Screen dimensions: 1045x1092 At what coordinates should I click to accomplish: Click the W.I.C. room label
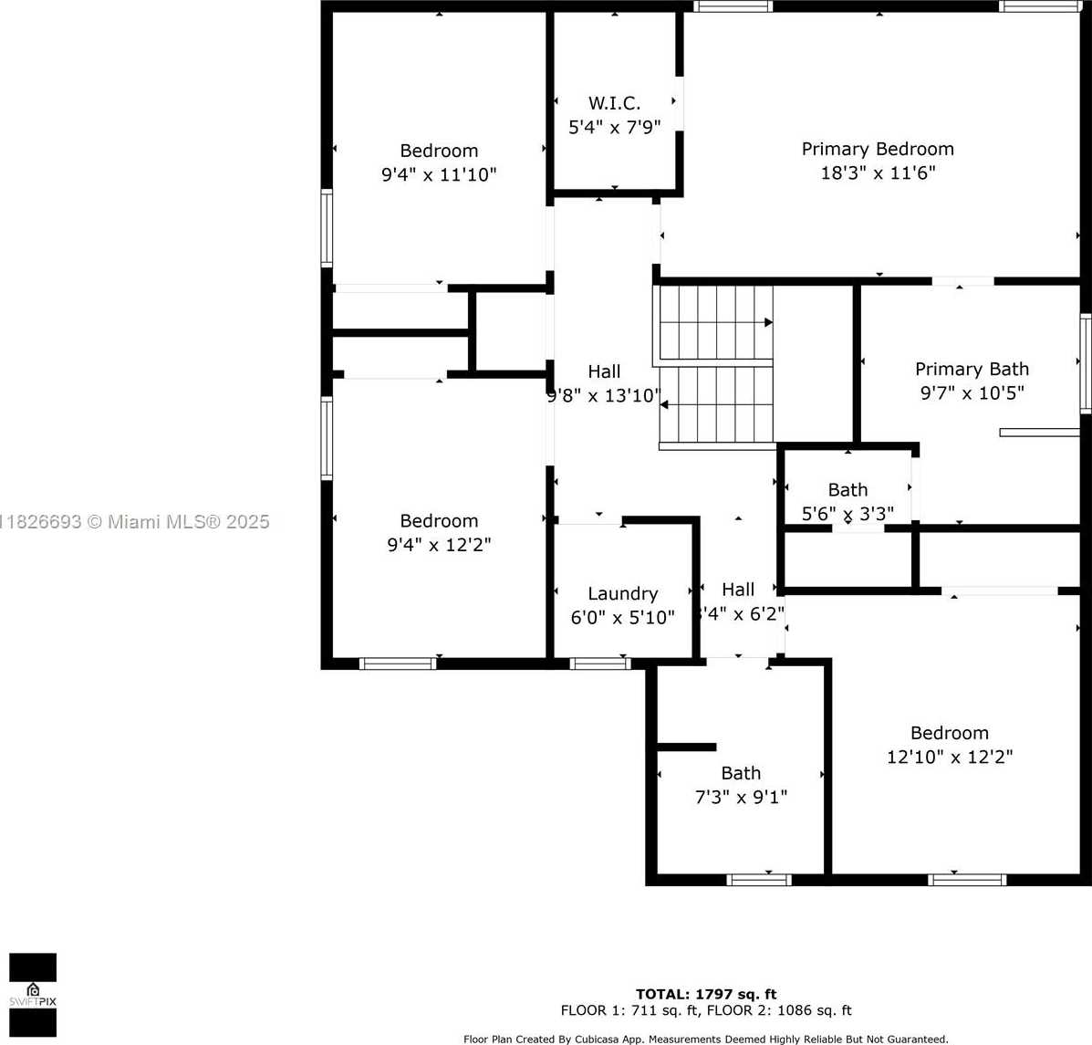click(x=614, y=103)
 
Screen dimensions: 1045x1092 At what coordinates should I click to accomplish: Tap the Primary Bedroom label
click(x=878, y=149)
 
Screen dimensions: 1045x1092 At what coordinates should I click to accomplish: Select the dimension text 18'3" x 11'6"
click(x=878, y=172)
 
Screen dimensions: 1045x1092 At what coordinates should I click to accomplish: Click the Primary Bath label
click(x=972, y=369)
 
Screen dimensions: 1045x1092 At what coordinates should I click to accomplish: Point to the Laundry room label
click(x=622, y=593)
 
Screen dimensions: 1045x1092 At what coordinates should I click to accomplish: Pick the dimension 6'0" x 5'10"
click(x=622, y=618)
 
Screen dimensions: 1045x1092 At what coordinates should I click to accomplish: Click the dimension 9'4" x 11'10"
click(x=439, y=174)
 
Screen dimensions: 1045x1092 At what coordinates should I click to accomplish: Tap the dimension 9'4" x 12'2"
click(x=439, y=545)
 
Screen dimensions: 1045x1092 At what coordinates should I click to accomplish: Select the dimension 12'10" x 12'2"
click(x=950, y=757)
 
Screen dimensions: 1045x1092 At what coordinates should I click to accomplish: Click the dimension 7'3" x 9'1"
click(x=741, y=797)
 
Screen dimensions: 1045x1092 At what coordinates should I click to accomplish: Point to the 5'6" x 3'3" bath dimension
click(x=848, y=514)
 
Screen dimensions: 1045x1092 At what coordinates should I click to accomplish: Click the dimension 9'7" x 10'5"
click(x=972, y=392)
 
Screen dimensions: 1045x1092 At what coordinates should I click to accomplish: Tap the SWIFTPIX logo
click(x=33, y=995)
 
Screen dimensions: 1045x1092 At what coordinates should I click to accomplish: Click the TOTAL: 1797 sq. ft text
click(x=706, y=994)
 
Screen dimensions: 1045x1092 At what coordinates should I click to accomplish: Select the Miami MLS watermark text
click(x=135, y=522)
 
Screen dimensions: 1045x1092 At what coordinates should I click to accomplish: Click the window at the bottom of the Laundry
click(x=600, y=664)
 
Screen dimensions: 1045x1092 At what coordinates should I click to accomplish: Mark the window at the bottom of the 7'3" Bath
click(x=759, y=880)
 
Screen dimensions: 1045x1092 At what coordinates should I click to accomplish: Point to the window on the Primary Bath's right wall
click(x=1086, y=363)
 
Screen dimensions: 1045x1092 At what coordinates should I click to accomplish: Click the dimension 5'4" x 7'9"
click(x=614, y=127)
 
